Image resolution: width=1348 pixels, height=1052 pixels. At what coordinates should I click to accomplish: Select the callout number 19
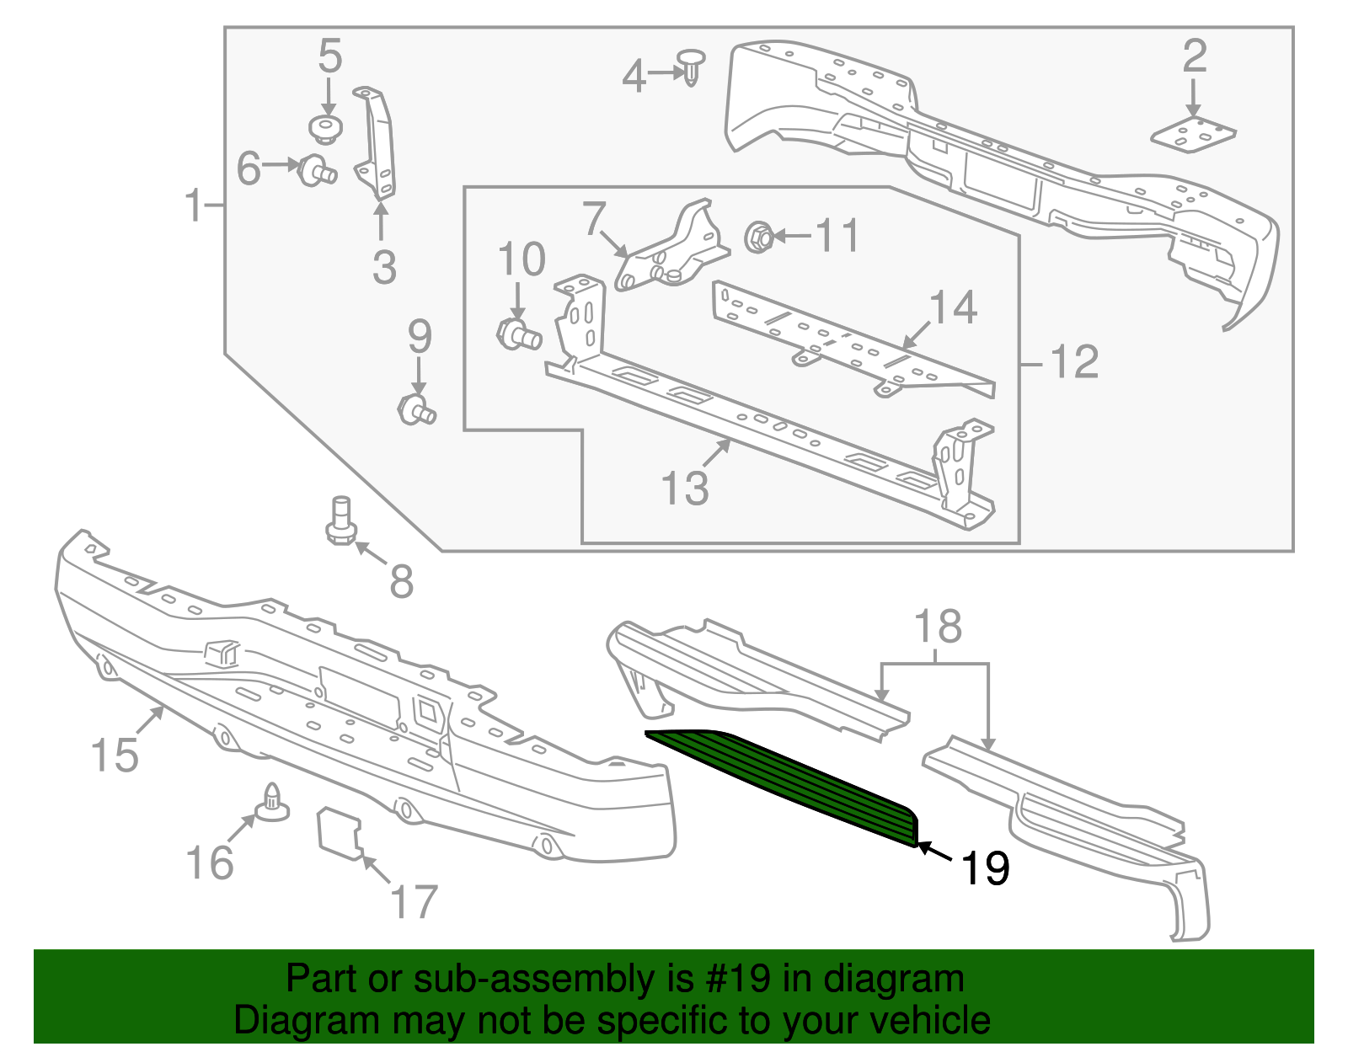pos(984,867)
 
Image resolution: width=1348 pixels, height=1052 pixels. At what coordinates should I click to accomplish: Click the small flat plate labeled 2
pos(1193,135)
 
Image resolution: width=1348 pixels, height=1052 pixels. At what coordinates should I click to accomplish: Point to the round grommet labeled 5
pos(324,129)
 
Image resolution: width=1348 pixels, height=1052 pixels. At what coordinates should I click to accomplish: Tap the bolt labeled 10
pos(517,334)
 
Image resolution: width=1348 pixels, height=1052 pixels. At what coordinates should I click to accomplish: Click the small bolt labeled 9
pos(415,410)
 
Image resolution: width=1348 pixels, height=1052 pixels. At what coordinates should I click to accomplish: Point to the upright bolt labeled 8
pos(341,521)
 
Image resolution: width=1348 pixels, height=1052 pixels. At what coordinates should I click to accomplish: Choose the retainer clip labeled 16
pos(272,803)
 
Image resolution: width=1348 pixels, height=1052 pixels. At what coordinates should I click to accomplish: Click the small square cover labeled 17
pos(339,832)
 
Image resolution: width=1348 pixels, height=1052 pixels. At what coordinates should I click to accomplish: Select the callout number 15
pos(115,754)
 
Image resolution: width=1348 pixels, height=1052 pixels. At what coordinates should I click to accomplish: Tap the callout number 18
pos(937,627)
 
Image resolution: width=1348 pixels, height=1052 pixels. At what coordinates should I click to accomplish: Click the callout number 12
pos(1074,362)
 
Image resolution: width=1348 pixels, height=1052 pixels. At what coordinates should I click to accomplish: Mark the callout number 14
pos(953,307)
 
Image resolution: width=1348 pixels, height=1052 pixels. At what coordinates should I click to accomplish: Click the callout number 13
pos(685,488)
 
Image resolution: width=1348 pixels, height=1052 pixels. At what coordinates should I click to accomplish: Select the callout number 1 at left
pos(195,206)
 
